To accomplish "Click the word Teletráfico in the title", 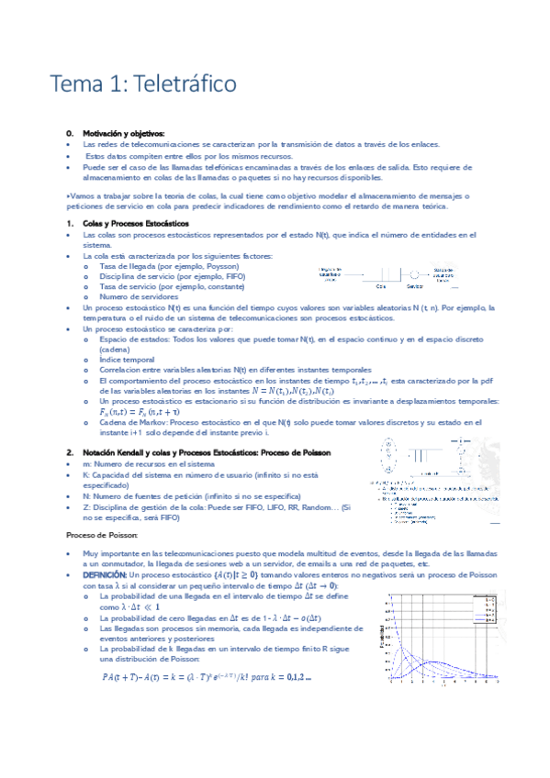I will point(185,83).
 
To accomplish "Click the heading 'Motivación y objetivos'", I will point(124,134).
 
